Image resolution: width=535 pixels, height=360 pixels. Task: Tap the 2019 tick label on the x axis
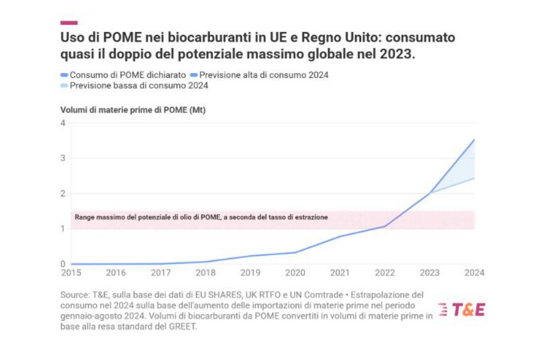click(x=250, y=273)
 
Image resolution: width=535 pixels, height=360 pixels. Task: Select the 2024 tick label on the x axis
click(x=474, y=273)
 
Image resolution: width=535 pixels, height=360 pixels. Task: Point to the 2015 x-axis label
click(x=71, y=273)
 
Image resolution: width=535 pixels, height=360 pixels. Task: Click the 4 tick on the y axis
click(x=63, y=123)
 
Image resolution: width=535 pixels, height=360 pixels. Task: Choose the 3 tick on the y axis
click(x=63, y=158)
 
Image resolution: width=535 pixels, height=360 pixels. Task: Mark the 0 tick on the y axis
click(x=63, y=264)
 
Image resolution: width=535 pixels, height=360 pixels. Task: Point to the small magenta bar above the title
click(x=69, y=23)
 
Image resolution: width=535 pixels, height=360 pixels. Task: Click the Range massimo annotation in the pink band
click(x=201, y=217)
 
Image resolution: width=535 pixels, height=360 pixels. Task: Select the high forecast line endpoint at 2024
click(x=474, y=140)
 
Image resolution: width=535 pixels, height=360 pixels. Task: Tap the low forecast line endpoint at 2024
click(x=474, y=178)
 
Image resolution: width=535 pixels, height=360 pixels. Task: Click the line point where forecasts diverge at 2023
click(x=429, y=193)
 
